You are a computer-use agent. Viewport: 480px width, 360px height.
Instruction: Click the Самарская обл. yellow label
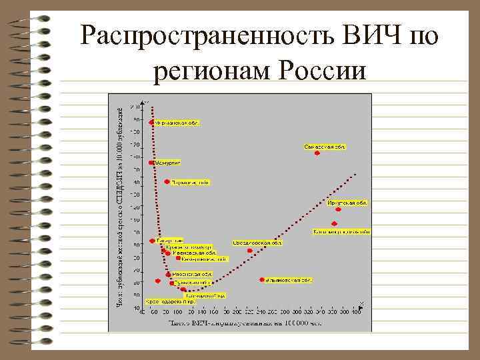pyautogui.click(x=325, y=146)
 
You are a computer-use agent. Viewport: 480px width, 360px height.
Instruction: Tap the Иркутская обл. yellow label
pyautogui.click(x=347, y=202)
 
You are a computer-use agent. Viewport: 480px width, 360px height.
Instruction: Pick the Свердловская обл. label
pyautogui.click(x=257, y=243)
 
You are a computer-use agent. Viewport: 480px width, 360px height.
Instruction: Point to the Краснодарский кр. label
pyautogui.click(x=167, y=301)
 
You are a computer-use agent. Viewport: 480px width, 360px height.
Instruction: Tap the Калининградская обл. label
pyautogui.click(x=341, y=232)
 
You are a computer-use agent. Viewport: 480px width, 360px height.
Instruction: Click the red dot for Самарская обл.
pyautogui.click(x=317, y=153)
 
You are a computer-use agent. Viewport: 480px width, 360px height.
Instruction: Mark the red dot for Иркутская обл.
pyautogui.click(x=339, y=209)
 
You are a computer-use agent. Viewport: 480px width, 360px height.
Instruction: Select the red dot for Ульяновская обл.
pyautogui.click(x=262, y=280)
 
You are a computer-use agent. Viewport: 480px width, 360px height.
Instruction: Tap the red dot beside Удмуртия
pyautogui.click(x=152, y=162)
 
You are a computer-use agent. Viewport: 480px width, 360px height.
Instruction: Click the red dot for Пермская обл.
pyautogui.click(x=167, y=181)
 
